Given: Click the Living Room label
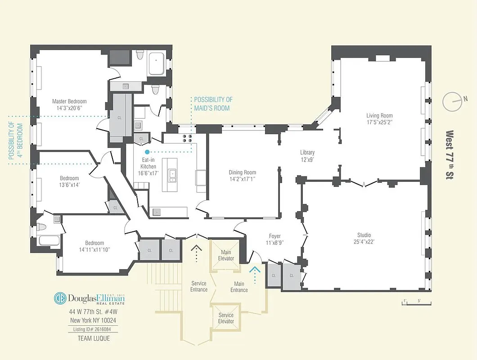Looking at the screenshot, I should pyautogui.click(x=379, y=116).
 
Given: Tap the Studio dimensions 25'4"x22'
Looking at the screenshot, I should pyautogui.click(x=364, y=242).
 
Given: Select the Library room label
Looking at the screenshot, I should pyautogui.click(x=307, y=153).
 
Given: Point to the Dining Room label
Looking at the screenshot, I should pyautogui.click(x=242, y=172).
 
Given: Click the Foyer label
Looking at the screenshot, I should pyautogui.click(x=274, y=236).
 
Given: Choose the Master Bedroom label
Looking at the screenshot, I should pyautogui.click(x=69, y=101).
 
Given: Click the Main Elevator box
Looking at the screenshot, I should pyautogui.click(x=226, y=255).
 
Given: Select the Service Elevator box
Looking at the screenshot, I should pyautogui.click(x=226, y=318).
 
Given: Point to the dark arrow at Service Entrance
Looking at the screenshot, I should pyautogui.click(x=196, y=253).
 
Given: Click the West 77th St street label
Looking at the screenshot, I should pyautogui.click(x=449, y=155).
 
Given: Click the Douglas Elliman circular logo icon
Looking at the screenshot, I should pyautogui.click(x=60, y=298).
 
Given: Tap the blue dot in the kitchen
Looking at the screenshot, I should pyautogui.click(x=147, y=152).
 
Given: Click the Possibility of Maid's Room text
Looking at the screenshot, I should pyautogui.click(x=213, y=103).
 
